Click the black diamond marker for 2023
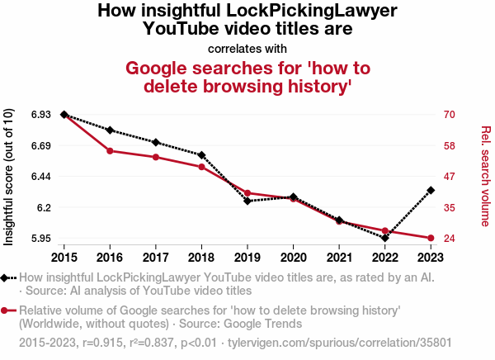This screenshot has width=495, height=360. point(431,191)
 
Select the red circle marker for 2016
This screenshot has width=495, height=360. point(110,151)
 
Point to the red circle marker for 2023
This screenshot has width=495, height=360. point(431,239)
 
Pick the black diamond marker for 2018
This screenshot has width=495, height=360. point(201,155)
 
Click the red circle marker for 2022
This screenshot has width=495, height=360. point(385,231)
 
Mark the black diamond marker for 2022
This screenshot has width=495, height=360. point(385,238)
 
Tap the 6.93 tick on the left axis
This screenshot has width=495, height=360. point(41,115)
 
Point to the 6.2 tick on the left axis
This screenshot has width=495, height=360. point(44,207)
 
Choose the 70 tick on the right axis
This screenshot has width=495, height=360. point(450,115)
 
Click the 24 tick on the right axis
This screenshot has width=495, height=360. point(450,239)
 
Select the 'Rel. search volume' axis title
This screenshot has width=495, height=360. point(486,176)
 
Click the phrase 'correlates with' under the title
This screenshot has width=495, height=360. point(247,48)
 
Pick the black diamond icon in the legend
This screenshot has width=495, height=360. point(6,278)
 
